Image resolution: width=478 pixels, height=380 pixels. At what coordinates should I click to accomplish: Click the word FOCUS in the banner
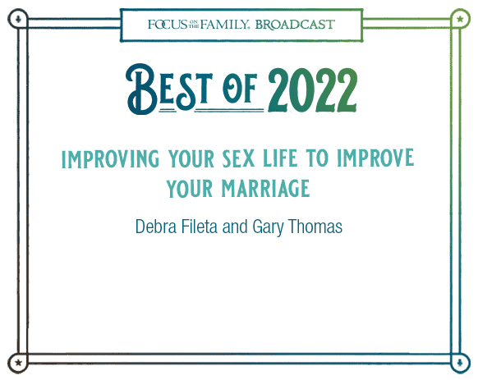[x=168, y=25]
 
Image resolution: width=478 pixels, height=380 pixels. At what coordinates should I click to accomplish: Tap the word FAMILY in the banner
[x=224, y=25]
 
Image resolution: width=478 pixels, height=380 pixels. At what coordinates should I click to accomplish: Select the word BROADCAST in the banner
[x=295, y=25]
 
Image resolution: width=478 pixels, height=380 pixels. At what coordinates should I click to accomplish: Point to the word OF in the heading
[x=240, y=88]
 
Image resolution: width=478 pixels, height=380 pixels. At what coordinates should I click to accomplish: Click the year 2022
[x=312, y=90]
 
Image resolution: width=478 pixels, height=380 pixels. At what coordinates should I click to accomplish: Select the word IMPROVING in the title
[x=110, y=158]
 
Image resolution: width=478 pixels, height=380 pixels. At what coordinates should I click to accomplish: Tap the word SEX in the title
[x=238, y=158]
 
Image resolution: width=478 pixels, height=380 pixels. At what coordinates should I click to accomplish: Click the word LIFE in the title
[x=280, y=158]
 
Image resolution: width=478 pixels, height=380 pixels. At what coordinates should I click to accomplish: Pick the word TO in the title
[x=317, y=158]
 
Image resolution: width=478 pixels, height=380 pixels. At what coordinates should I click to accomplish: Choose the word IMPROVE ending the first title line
[x=375, y=158]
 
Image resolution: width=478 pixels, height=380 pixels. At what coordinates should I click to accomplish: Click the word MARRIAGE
[x=265, y=189]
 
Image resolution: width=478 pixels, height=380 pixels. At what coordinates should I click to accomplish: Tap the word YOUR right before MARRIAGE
[x=190, y=189]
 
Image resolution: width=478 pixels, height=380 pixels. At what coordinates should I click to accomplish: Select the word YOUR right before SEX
[x=191, y=158]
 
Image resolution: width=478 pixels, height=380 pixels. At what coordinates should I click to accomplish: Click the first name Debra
[x=156, y=227]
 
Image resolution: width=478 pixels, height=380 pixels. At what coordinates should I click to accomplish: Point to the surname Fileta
[x=200, y=227]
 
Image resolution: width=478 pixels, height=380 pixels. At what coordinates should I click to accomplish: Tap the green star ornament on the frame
[x=460, y=19]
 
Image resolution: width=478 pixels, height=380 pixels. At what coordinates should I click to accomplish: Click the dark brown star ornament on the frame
[x=18, y=363]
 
